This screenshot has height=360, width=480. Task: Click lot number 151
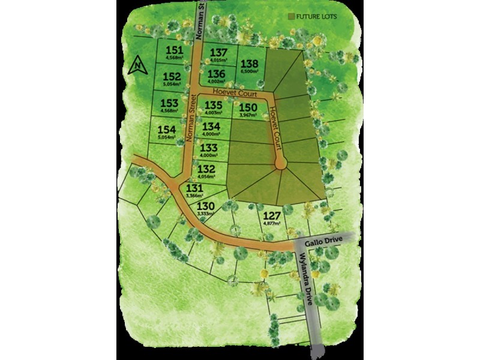pyautogui.click(x=173, y=50)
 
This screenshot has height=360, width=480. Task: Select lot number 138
pyautogui.click(x=249, y=64)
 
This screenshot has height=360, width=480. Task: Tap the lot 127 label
pyautogui.click(x=272, y=217)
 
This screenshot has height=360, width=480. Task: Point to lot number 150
pyautogui.click(x=249, y=107)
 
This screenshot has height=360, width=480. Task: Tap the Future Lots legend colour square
pyautogui.click(x=292, y=17)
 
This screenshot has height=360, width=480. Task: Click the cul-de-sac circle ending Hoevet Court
pyautogui.click(x=280, y=163)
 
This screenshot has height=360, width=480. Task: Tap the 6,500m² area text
pyautogui.click(x=249, y=71)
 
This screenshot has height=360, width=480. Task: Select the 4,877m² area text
pyautogui.click(x=272, y=224)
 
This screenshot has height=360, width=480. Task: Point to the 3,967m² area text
pyautogui.click(x=249, y=115)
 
